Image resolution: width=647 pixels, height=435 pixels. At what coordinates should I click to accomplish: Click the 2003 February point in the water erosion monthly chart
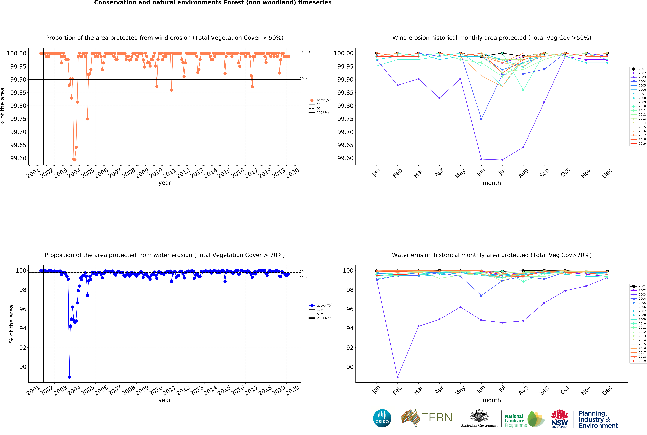[397, 377]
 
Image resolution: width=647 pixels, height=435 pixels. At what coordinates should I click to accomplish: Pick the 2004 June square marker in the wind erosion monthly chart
[481, 119]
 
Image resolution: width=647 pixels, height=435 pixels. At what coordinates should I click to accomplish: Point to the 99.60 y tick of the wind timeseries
[18, 158]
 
